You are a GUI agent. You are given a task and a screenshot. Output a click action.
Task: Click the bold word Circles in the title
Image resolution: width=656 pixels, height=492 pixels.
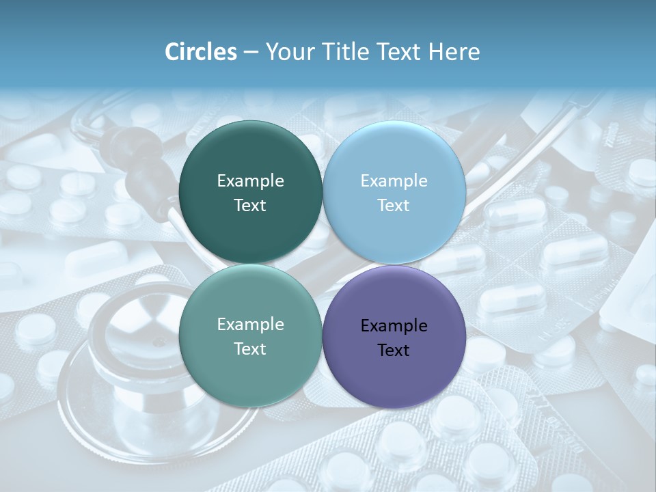201,52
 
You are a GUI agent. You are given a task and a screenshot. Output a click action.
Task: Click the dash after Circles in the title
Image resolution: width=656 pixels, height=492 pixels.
251,53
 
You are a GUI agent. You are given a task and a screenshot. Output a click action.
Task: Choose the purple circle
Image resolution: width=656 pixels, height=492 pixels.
394,336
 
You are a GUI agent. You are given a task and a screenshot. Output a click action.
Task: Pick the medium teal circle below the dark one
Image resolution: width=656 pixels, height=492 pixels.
250,336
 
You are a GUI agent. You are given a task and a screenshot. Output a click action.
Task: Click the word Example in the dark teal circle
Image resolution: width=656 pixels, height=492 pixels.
250,181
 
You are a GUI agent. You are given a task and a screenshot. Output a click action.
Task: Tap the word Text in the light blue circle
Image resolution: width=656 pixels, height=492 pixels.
394,206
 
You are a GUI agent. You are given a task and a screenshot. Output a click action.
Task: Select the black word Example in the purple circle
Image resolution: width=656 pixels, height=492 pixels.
394,326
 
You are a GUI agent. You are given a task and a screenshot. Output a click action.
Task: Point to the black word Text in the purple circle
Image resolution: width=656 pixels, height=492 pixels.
394,351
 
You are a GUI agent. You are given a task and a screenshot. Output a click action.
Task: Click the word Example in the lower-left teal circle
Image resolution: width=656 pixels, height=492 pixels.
250,325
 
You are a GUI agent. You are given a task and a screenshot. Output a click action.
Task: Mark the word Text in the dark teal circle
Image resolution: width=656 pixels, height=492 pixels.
250,206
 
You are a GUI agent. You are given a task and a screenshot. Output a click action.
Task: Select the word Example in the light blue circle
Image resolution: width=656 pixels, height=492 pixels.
394,181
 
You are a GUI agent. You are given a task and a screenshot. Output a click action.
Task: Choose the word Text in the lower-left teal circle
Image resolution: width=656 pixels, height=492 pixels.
250,349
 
